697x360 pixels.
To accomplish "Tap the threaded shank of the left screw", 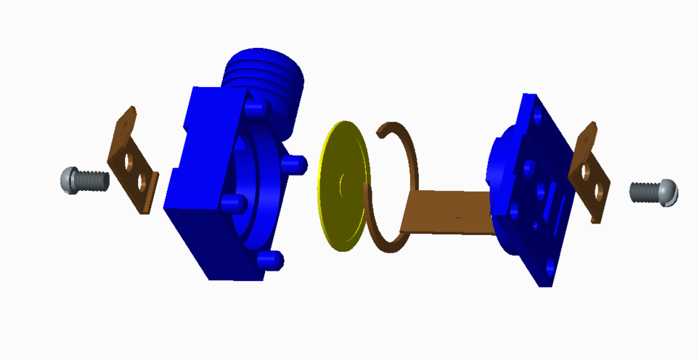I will (x=92, y=180).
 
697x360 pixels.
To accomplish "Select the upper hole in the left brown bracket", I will (x=130, y=160).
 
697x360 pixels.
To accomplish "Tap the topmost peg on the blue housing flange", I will (x=253, y=109).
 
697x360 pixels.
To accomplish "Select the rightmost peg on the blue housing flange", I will (x=296, y=165).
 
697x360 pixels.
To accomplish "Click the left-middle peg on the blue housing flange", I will (x=231, y=201).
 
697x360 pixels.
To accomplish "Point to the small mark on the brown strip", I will (x=457, y=213).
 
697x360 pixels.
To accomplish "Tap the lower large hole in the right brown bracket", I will (x=598, y=191).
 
